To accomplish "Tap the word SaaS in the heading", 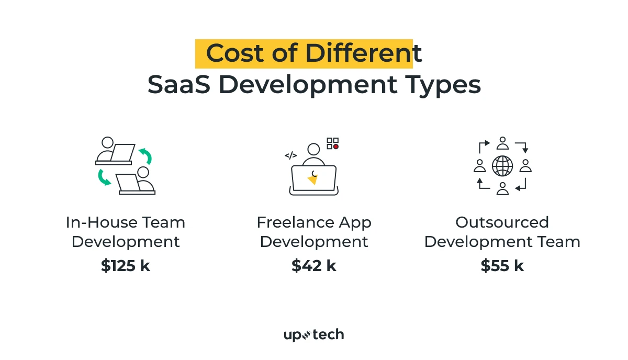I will pos(173,85).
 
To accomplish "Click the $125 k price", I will pos(126,266).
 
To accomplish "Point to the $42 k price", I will pos(314,266).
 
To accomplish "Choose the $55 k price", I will pos(502,266).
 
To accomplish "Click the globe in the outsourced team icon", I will pos(502,166).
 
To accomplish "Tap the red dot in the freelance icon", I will pos(335,147).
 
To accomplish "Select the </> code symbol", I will pos(291,155).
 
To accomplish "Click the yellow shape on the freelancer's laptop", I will pos(313,179).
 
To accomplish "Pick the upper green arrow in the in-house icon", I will pos(145,155).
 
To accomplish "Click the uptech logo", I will pos(314,335).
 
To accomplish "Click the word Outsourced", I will pos(502,222).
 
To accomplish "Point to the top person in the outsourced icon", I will pos(502,143).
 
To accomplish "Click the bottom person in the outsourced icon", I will pos(502,188).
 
